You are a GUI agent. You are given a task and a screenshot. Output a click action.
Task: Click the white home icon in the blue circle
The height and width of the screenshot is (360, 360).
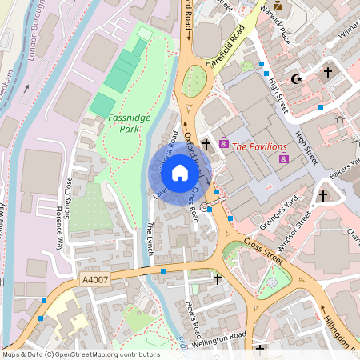180,172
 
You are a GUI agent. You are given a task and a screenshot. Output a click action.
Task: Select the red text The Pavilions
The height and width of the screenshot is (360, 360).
258,146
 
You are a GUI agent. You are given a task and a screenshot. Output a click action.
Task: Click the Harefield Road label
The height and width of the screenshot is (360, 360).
237,49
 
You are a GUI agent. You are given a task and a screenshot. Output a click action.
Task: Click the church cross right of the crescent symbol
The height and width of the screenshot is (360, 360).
327,74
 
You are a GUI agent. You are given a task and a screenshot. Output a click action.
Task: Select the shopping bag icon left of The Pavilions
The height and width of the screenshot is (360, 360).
223,142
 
